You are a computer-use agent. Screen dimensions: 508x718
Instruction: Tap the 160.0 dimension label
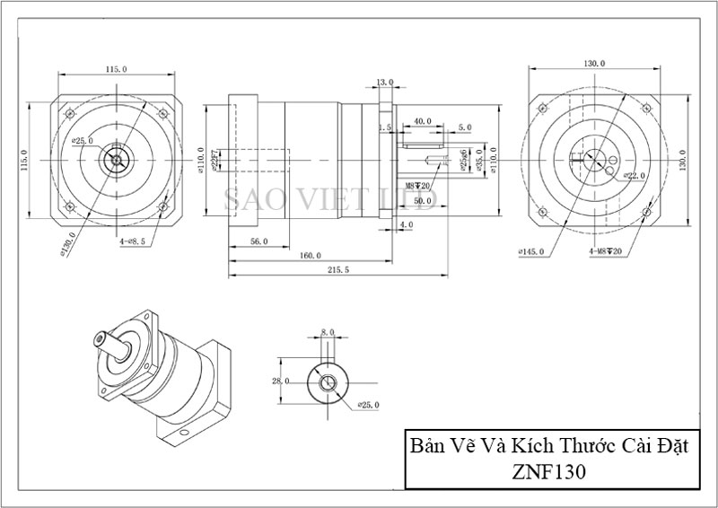[x=311, y=255]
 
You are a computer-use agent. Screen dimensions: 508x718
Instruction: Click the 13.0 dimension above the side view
[x=383, y=83]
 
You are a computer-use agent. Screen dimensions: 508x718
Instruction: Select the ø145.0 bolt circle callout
[x=531, y=251]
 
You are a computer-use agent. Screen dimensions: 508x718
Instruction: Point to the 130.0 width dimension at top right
[x=594, y=64]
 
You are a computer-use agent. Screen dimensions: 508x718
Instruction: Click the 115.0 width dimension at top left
[x=117, y=68]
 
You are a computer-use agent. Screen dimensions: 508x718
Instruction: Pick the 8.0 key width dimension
[x=328, y=333]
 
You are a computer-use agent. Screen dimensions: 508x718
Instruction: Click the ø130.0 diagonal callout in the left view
[x=65, y=246]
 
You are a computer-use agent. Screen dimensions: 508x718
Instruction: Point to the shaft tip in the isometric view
[x=98, y=340]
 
